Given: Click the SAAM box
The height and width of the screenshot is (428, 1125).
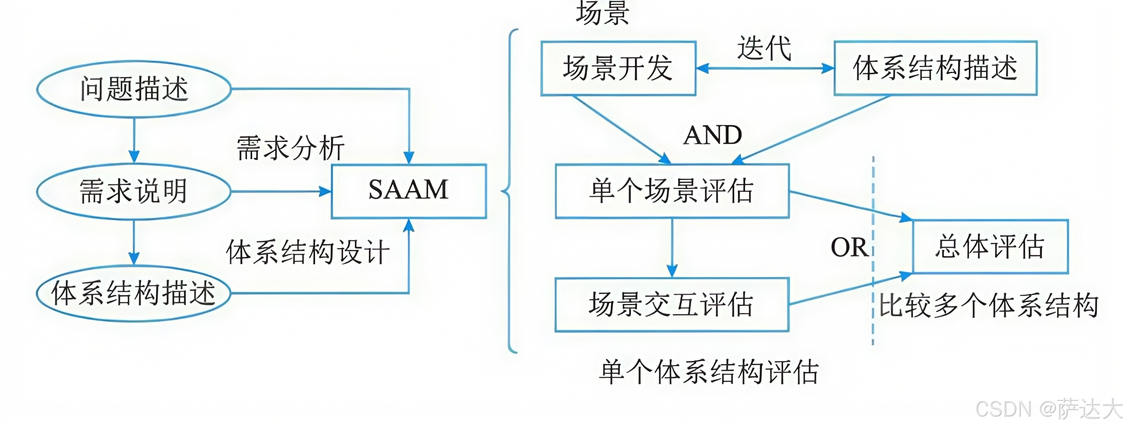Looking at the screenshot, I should pyautogui.click(x=408, y=191).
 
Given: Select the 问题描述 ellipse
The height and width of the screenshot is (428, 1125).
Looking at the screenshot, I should pyautogui.click(x=134, y=89).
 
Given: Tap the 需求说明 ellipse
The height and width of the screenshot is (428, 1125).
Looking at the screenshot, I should pyautogui.click(x=134, y=191).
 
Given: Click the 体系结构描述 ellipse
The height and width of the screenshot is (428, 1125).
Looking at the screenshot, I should pyautogui.click(x=134, y=293).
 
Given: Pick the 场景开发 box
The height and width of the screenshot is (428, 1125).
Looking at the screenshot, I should pyautogui.click(x=618, y=68).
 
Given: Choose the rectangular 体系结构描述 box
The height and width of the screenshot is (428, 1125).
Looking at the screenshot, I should pyautogui.click(x=935, y=68).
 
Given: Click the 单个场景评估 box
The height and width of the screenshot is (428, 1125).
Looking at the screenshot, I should pyautogui.click(x=672, y=191).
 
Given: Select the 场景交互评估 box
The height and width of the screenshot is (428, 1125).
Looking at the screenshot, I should pyautogui.click(x=672, y=305).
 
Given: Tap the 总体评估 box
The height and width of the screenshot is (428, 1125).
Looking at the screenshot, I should pyautogui.click(x=990, y=247).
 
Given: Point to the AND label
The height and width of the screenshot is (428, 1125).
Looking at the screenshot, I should pyautogui.click(x=713, y=135).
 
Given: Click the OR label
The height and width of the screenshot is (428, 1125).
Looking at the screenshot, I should pyautogui.click(x=849, y=248).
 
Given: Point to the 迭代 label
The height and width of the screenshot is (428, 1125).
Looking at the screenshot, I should pyautogui.click(x=764, y=48).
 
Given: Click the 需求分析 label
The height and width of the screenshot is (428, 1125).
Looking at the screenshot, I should pyautogui.click(x=290, y=148).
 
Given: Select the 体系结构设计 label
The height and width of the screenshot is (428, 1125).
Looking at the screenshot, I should pyautogui.click(x=307, y=252).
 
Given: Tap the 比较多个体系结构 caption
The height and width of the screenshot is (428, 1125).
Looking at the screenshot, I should pyautogui.click(x=988, y=305).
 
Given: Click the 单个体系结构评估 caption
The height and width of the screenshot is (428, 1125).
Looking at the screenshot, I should pyautogui.click(x=708, y=372).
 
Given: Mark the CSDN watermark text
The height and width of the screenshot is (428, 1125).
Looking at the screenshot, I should pyautogui.click(x=1048, y=409).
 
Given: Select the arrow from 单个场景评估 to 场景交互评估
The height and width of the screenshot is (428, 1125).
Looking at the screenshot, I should pyautogui.click(x=672, y=248).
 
